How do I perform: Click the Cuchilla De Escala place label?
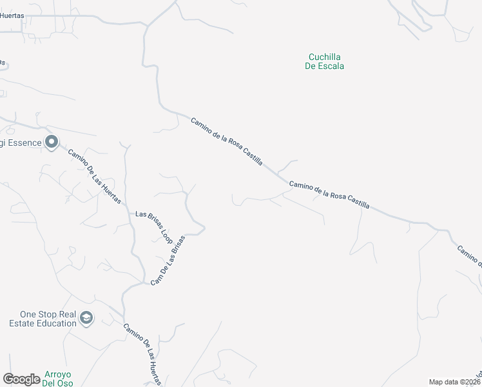pos(324,61)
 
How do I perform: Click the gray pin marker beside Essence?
pos(52,143)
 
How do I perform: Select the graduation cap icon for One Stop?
pos(86,318)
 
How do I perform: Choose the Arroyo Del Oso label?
pos(57,379)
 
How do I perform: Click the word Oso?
pos(66,383)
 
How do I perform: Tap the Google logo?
pos(21,379)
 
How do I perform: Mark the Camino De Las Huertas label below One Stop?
pos(143,353)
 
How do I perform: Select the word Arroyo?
pos(57,375)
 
